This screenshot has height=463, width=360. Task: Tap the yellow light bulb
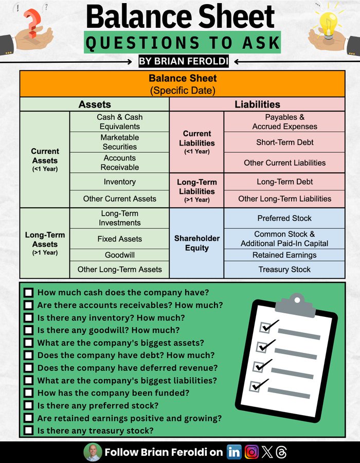(328, 22)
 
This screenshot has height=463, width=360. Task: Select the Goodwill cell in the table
(119, 255)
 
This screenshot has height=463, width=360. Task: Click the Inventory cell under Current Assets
(119, 182)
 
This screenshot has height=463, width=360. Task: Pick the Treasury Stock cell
(284, 269)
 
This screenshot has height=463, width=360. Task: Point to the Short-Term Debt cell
(284, 142)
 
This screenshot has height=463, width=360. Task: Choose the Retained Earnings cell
(284, 255)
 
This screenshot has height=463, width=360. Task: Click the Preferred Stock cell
(284, 218)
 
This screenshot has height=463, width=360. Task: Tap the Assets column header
(95, 104)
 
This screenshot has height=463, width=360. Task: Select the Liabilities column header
(257, 104)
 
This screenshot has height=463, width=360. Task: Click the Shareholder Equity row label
(196, 243)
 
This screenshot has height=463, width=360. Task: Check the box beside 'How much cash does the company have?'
(28, 293)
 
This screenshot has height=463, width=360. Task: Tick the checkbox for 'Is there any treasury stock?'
(28, 431)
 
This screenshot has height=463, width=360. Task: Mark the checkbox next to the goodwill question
(28, 330)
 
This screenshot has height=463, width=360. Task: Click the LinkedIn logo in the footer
(234, 452)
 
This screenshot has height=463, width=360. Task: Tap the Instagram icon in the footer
(251, 452)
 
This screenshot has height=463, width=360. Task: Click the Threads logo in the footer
(281, 452)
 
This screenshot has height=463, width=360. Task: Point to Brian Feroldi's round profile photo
(93, 452)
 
